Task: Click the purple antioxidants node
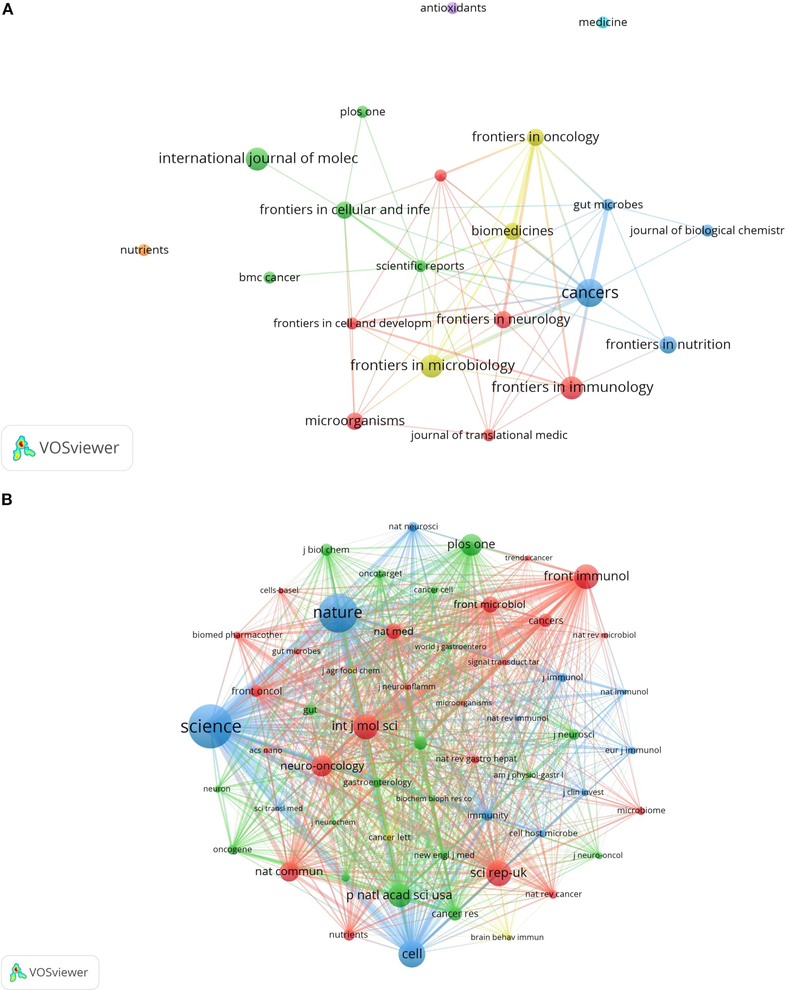[453, 8]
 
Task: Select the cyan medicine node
[603, 22]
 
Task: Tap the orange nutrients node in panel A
[144, 250]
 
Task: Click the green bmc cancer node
[269, 277]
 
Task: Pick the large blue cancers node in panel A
[589, 293]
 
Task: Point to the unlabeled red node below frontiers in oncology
[440, 175]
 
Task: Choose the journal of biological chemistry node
[707, 230]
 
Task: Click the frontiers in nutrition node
[668, 344]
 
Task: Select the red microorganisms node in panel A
[355, 421]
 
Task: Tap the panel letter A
[8, 10]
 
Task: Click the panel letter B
[7, 499]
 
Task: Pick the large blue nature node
[338, 612]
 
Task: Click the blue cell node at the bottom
[412, 954]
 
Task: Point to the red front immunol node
[586, 576]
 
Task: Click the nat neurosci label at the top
[413, 526]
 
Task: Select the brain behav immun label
[507, 937]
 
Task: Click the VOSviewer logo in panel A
[67, 448]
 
